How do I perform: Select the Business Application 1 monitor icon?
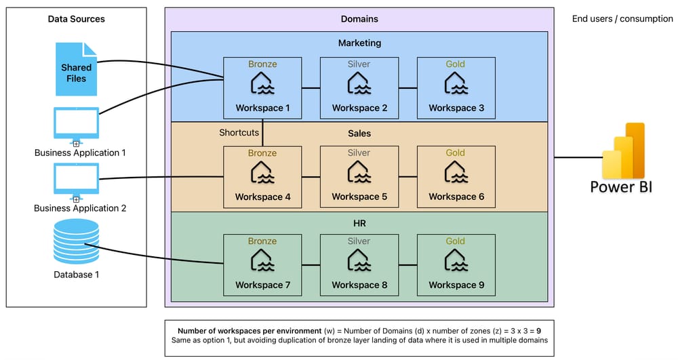click(x=76, y=123)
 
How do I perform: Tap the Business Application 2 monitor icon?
click(x=76, y=180)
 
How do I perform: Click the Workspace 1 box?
click(x=262, y=87)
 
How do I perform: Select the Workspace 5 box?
click(x=359, y=176)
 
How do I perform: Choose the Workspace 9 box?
click(x=456, y=265)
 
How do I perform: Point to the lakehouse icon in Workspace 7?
click(x=262, y=262)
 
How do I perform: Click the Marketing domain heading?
click(x=359, y=43)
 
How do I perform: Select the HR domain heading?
click(x=359, y=222)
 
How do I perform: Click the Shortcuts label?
click(x=239, y=133)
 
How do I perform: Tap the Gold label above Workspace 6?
click(x=456, y=153)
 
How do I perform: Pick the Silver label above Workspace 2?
click(x=359, y=64)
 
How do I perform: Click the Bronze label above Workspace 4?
click(x=262, y=153)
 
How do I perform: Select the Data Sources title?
click(x=76, y=19)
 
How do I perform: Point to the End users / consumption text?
click(x=622, y=19)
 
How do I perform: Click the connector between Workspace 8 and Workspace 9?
click(x=407, y=265)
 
